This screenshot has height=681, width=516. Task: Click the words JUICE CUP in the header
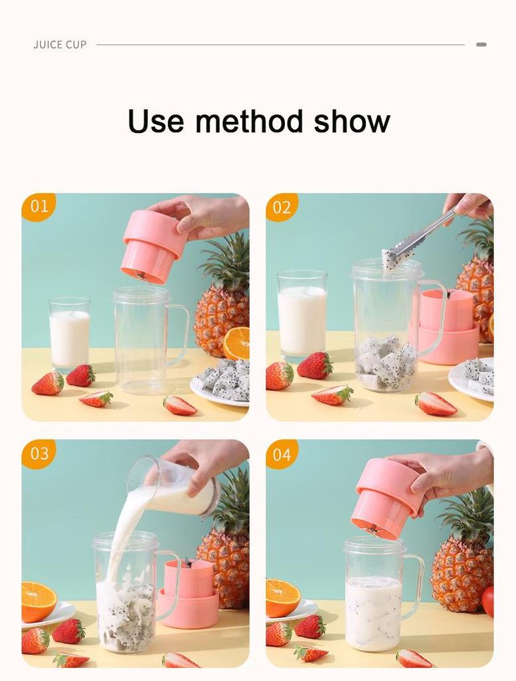pyautogui.click(x=60, y=45)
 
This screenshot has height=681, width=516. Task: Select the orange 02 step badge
pyautogui.click(x=282, y=207)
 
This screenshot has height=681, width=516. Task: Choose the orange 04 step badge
pyautogui.click(x=282, y=454)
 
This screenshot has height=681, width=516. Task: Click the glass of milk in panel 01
pyautogui.click(x=70, y=334)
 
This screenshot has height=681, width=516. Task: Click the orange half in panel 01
pyautogui.click(x=237, y=343)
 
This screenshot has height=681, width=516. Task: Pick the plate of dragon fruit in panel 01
pyautogui.click(x=221, y=382)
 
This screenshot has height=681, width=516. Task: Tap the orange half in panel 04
pyautogui.click(x=283, y=598)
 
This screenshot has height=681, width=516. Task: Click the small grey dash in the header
pyautogui.click(x=481, y=45)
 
